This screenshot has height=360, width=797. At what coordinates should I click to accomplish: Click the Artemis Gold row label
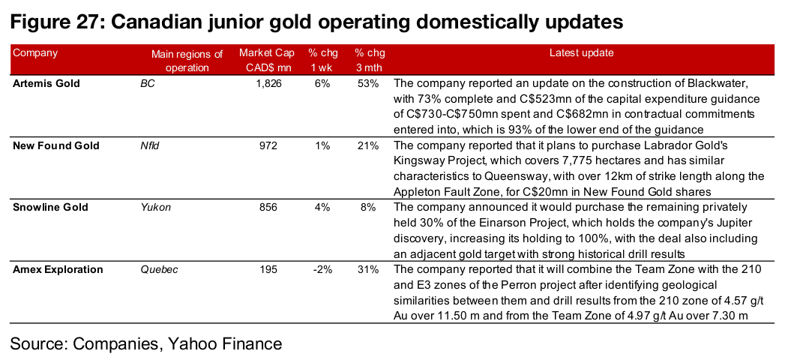tap(46, 83)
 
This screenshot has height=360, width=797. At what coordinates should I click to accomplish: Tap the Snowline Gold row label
tap(49, 207)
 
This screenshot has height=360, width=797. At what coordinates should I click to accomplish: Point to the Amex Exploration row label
tap(58, 269)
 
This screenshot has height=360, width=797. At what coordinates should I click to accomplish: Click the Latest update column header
tap(581, 53)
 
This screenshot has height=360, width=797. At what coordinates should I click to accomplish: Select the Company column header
tap(35, 53)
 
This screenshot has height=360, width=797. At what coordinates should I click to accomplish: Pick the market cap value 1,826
tap(268, 83)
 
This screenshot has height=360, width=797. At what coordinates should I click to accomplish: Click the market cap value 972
tap(273, 145)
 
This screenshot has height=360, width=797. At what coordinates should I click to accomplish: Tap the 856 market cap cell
tap(273, 207)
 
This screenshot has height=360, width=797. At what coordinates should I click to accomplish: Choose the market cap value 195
tap(273, 269)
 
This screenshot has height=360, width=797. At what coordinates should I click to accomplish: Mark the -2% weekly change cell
tap(322, 269)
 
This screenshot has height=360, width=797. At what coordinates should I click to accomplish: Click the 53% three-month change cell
tap(368, 83)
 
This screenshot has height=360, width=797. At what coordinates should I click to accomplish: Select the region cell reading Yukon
tap(155, 207)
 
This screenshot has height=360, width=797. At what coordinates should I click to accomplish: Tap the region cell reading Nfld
tap(151, 145)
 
